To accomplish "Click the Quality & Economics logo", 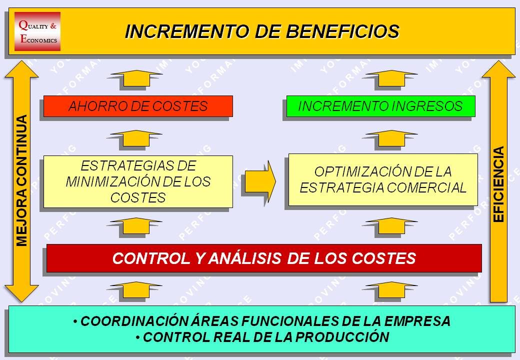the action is pyautogui.click(x=37, y=31).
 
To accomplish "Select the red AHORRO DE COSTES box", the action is pyautogui.click(x=138, y=106).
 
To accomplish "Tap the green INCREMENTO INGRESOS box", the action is pyautogui.click(x=380, y=106).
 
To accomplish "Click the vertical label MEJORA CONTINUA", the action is pyautogui.click(x=22, y=180).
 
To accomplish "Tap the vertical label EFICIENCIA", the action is pyautogui.click(x=499, y=184).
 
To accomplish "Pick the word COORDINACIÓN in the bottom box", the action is pyautogui.click(x=134, y=321).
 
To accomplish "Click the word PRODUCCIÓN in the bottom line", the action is pyautogui.click(x=342, y=337).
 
